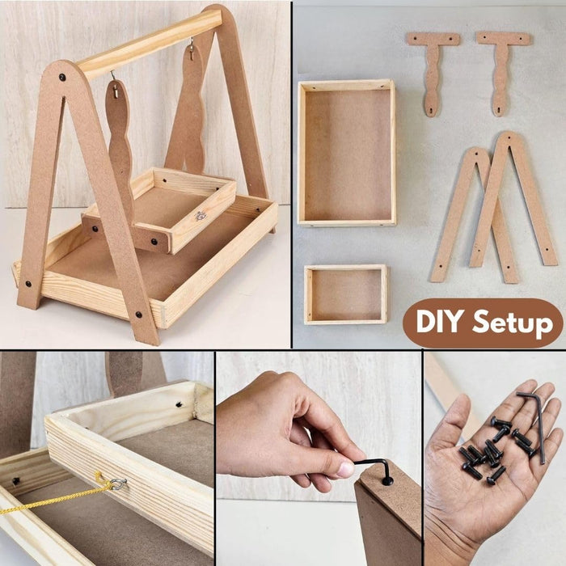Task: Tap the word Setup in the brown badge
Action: tap(513, 323)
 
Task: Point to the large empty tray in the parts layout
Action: tap(347, 153)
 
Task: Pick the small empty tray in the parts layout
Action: tap(346, 294)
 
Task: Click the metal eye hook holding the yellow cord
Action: tap(118, 484)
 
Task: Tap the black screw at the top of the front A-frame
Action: tap(62, 77)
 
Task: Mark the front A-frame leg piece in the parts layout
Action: tap(513, 199)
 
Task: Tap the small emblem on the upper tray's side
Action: tap(201, 216)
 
